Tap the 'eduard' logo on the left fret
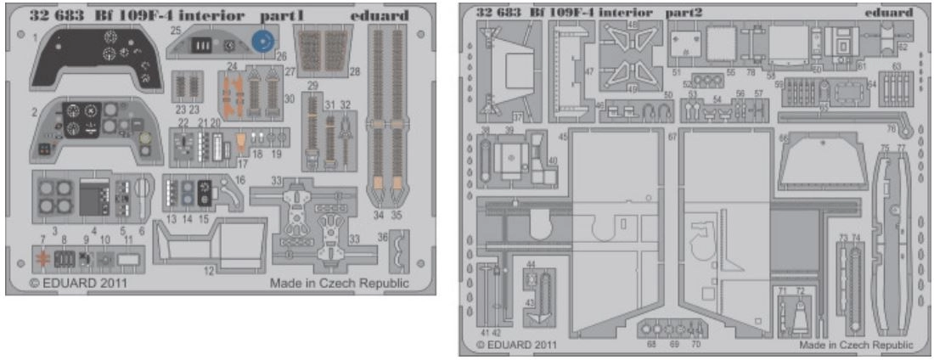tap(379, 15)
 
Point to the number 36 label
tap(382, 237)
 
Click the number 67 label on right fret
tap(672, 137)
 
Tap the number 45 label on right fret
tap(563, 137)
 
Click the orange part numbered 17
tap(242, 140)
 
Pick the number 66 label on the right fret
tap(784, 135)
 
